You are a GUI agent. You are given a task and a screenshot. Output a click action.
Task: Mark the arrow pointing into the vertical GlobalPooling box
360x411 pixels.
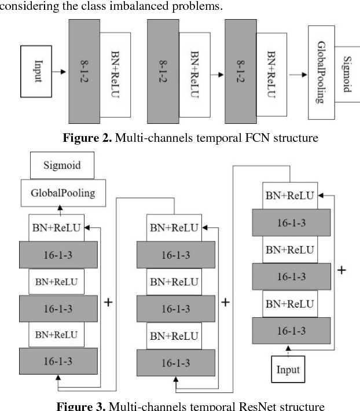(297, 74)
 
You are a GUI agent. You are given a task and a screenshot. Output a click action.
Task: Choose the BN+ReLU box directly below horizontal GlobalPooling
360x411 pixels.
(56, 227)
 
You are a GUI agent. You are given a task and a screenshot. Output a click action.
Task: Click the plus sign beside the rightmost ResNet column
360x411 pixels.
(341, 270)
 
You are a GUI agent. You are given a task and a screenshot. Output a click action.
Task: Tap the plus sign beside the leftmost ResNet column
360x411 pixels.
(108, 302)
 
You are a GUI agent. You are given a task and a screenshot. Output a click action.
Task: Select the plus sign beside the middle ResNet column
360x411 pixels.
(226, 302)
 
